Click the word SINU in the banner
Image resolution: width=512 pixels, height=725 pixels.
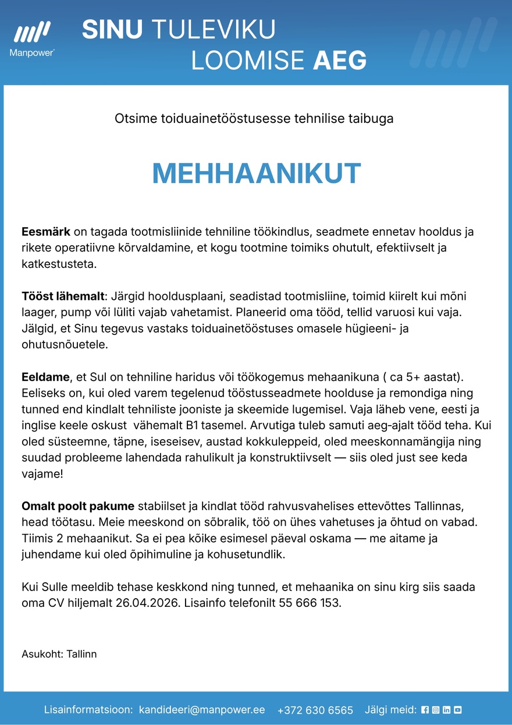(x=112, y=30)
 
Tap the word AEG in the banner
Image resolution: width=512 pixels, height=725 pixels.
(x=340, y=60)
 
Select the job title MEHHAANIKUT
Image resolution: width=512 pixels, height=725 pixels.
(x=256, y=174)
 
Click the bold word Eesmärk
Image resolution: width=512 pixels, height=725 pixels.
(x=45, y=232)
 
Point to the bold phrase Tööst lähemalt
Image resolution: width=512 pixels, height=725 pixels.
(x=63, y=296)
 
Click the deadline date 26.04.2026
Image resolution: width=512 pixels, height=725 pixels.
(x=150, y=603)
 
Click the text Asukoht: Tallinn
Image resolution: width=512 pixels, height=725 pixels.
(x=59, y=654)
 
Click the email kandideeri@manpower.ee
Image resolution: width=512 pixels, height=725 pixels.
(x=202, y=710)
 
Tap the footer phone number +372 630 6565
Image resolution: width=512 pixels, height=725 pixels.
(x=315, y=710)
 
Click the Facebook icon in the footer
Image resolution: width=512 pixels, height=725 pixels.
(x=425, y=710)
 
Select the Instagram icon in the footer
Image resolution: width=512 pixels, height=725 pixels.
(x=436, y=710)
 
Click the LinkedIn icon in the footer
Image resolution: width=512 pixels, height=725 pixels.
(x=447, y=710)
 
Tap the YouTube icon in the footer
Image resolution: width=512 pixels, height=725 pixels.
(x=458, y=710)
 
